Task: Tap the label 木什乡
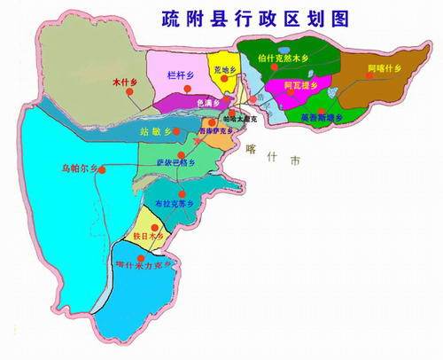click(124, 82)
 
